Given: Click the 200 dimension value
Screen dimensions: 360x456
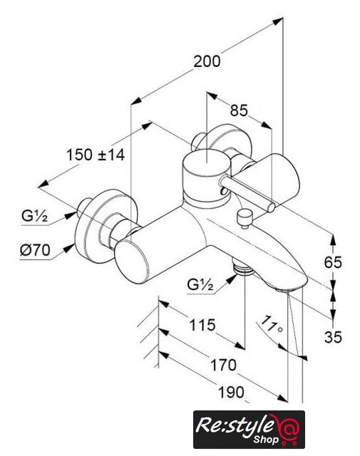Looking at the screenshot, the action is [x=207, y=61].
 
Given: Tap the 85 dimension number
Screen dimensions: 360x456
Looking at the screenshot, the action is [x=239, y=110].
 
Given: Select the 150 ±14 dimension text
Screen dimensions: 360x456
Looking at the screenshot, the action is [x=96, y=155].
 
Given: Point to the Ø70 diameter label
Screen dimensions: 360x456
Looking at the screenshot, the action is [x=35, y=250].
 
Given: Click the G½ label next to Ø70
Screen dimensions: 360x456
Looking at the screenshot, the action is [x=35, y=216].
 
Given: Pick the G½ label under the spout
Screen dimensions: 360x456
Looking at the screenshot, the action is [x=200, y=285].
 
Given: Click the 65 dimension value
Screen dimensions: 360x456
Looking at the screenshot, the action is [x=333, y=262].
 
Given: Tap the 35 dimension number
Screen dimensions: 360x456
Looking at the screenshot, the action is [x=333, y=337].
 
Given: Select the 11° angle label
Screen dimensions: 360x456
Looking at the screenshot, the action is [x=272, y=324].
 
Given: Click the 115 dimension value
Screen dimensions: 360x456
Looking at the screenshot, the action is [x=202, y=325].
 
